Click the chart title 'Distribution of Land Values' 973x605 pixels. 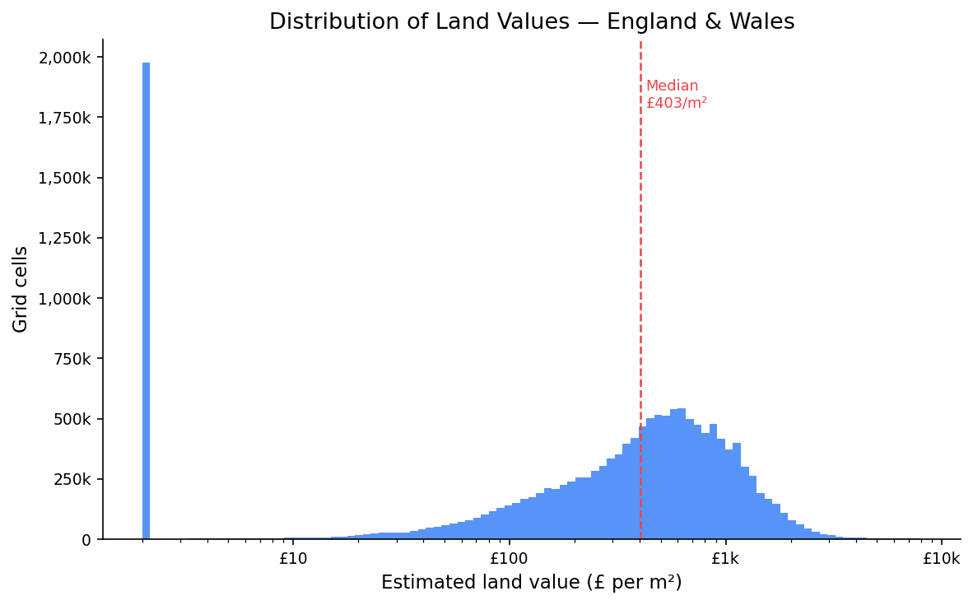pos(532,22)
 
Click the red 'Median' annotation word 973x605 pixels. pos(672,86)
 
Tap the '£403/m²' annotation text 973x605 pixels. pos(676,104)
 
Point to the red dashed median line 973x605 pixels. pos(640,247)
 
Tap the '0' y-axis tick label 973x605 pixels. pos(86,541)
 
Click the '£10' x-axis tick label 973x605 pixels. pos(292,559)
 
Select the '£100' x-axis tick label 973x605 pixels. pos(509,559)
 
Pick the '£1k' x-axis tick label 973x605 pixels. pos(725,559)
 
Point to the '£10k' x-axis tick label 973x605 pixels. pos(941,559)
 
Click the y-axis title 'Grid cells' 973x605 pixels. pos(21,289)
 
